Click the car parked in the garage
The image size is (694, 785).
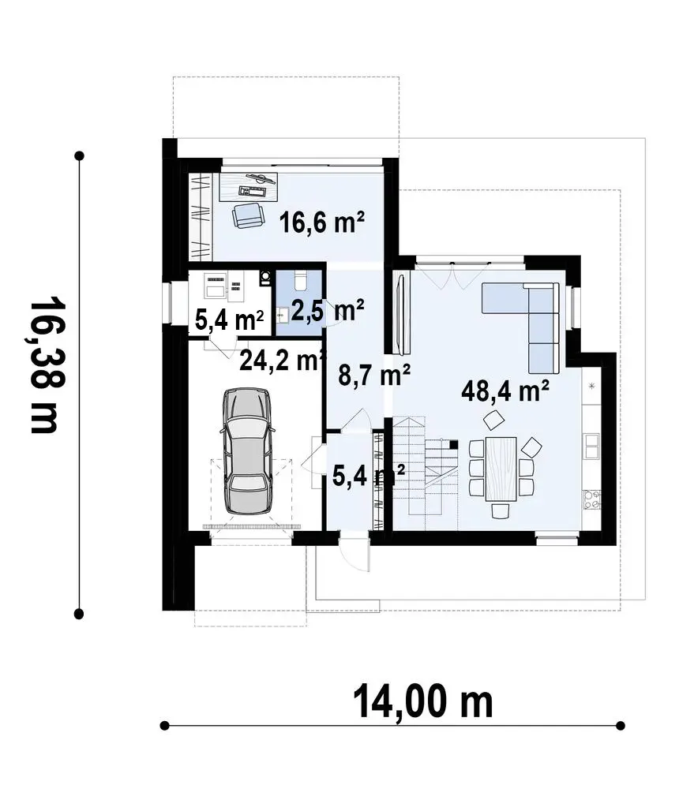(x=247, y=450)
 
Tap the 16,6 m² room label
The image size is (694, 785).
(x=321, y=222)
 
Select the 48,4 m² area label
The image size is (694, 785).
(x=505, y=391)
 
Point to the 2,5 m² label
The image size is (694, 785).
(x=327, y=311)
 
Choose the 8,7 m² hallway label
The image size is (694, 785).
(x=374, y=376)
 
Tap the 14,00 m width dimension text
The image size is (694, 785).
(x=423, y=701)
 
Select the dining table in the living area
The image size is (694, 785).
(x=501, y=469)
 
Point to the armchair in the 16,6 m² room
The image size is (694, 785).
(x=247, y=215)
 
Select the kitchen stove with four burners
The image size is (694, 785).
(x=591, y=499)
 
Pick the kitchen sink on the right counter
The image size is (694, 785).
(x=592, y=447)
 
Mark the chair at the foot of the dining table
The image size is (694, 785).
(x=500, y=511)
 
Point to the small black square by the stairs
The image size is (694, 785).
(x=453, y=443)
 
